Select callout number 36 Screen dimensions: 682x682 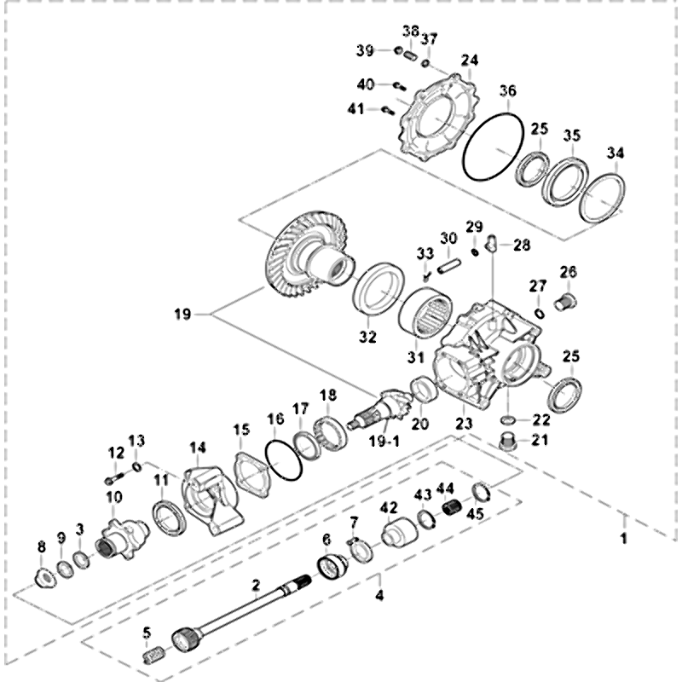[x=508, y=90]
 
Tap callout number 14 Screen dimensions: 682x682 [x=198, y=447]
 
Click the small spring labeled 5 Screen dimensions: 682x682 [x=153, y=656]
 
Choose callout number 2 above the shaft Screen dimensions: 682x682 [x=255, y=585]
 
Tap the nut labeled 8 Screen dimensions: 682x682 [x=42, y=573]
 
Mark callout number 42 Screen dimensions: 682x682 [x=389, y=507]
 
